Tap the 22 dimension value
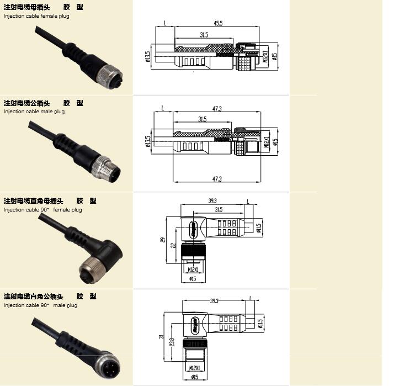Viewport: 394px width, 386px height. [173, 245]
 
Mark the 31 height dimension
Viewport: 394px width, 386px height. [161, 336]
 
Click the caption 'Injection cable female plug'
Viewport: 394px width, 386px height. [36, 16]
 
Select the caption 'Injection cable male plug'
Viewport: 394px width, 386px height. [34, 112]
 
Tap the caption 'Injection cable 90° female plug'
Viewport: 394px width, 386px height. [42, 210]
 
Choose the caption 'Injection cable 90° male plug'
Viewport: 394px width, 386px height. [40, 305]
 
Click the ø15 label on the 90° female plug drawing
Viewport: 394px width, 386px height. [193, 279]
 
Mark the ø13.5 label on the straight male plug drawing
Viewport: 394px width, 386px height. [147, 142]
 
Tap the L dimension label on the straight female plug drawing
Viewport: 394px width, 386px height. [166, 23]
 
